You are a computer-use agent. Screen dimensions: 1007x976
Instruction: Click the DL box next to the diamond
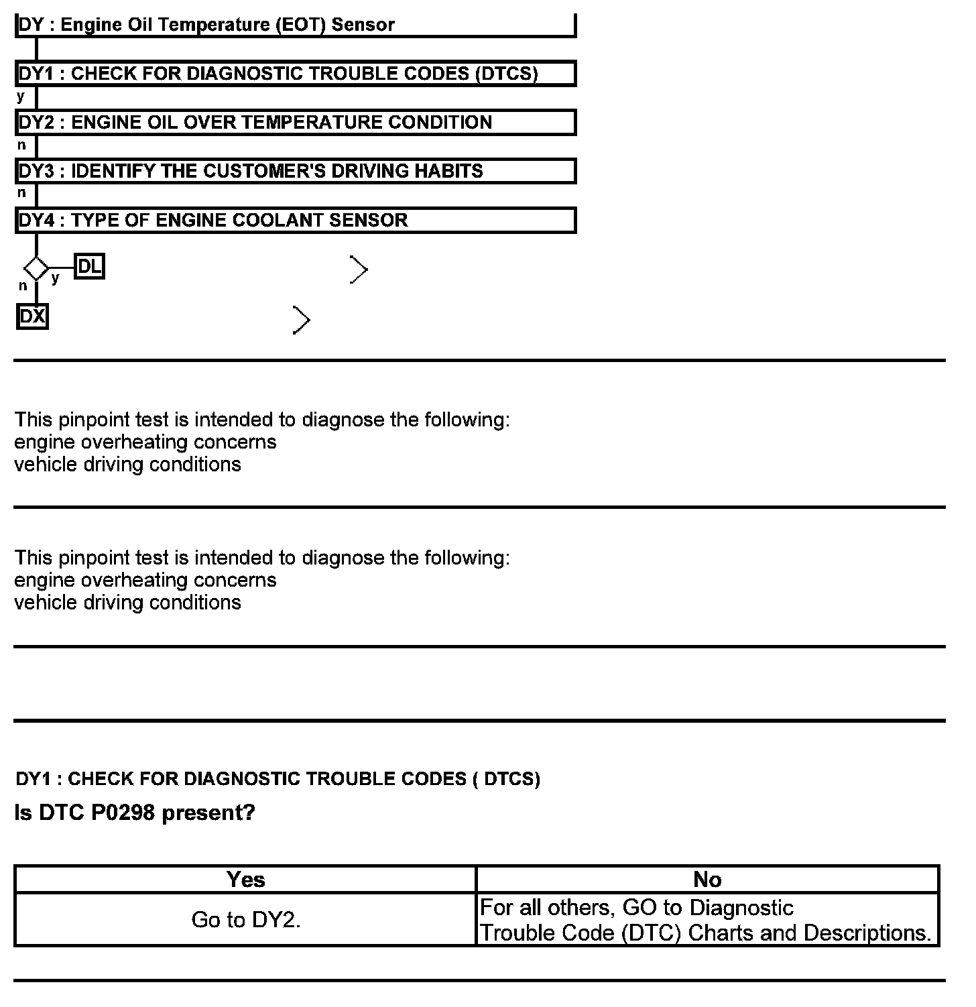coord(89,267)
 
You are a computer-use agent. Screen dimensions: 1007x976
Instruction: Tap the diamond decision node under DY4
coord(36,269)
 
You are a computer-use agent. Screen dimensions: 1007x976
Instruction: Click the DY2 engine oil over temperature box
coord(295,123)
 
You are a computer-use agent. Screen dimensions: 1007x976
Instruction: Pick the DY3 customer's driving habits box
coord(295,172)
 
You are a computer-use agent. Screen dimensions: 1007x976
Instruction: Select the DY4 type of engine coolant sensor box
coord(295,221)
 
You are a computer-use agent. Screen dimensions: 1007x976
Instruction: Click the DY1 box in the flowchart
coord(295,74)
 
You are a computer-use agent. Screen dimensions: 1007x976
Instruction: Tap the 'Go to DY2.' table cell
coord(245,920)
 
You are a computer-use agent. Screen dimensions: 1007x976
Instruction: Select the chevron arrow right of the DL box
coord(359,270)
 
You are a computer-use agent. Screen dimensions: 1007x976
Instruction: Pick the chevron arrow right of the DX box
coord(302,320)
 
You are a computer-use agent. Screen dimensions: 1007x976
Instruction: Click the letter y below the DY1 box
coord(21,97)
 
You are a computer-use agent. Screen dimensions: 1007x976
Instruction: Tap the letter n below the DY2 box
coord(21,145)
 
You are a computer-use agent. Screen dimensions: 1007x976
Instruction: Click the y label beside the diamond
coord(55,278)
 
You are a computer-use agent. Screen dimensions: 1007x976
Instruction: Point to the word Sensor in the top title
coord(363,25)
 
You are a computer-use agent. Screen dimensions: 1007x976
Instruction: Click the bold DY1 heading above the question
coord(278,779)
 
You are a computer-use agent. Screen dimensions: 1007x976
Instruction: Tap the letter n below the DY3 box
coord(21,193)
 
